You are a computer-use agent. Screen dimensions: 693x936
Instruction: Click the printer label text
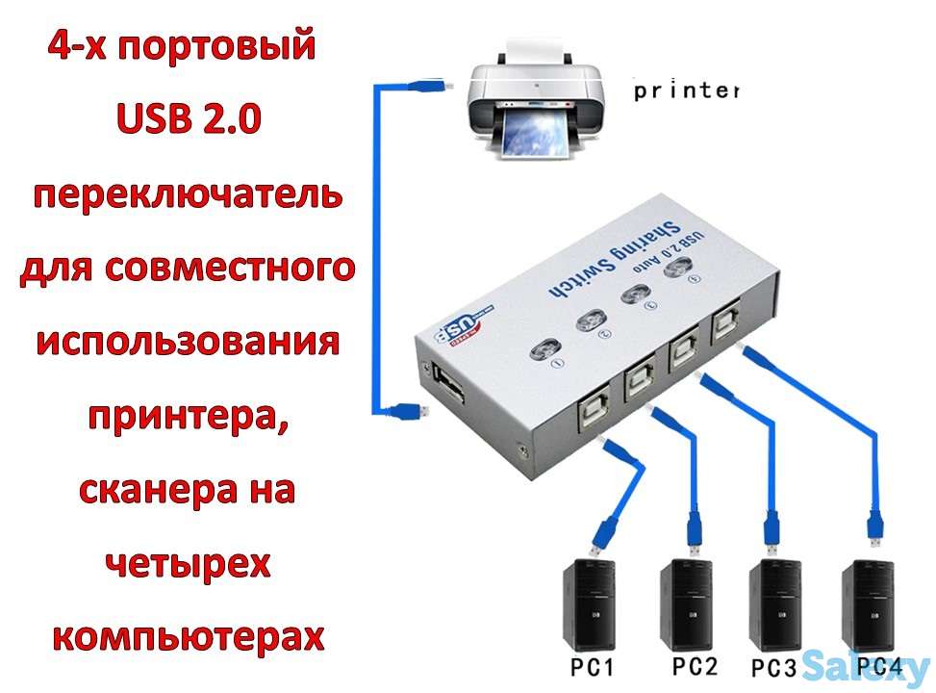point(686,91)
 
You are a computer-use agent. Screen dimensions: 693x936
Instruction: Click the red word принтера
point(188,416)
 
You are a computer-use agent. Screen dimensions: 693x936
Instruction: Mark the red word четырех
point(188,563)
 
